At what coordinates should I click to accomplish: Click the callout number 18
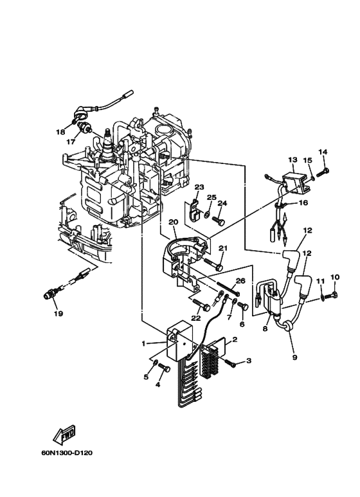(60, 132)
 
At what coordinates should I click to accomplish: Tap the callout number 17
(72, 142)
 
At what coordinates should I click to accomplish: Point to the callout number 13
(292, 159)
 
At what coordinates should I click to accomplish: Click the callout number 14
(323, 152)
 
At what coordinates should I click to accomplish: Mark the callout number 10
(334, 277)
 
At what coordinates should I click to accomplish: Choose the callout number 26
(240, 281)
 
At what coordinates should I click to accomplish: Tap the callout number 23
(199, 187)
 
